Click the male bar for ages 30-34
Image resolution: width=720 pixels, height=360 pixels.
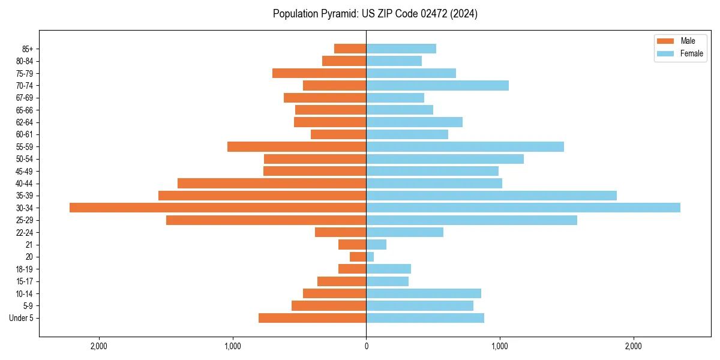[x=218, y=208]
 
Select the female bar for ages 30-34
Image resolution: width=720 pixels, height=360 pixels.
[x=523, y=208]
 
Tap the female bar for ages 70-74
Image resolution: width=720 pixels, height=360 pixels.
[x=437, y=85]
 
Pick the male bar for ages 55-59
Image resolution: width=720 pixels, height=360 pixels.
[x=296, y=146]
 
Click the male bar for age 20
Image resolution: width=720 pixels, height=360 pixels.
[x=358, y=257]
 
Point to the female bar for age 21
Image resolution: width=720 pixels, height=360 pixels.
[x=376, y=244]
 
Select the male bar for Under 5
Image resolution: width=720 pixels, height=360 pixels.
[x=312, y=318]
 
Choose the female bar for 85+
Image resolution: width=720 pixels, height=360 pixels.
[x=401, y=49]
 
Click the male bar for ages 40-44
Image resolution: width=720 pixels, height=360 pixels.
[x=272, y=183]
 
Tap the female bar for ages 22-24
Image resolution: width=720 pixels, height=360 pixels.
[x=404, y=232]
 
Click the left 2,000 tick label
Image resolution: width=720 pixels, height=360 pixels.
[x=98, y=346]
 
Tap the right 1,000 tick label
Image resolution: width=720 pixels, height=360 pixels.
[x=500, y=346]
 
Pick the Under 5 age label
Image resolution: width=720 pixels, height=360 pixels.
[x=21, y=318]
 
